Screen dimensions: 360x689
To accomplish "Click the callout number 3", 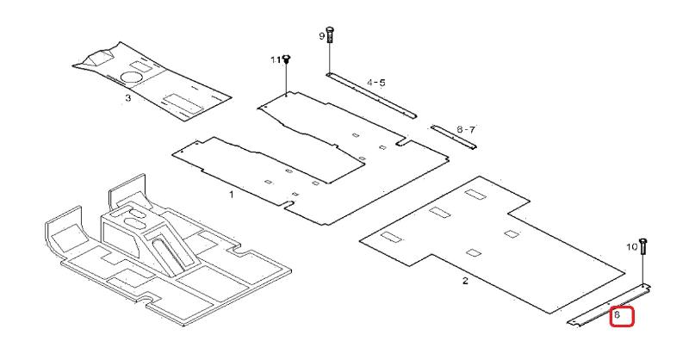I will [127, 98].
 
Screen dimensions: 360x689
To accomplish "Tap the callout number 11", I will [276, 59].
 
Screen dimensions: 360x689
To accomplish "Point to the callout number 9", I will [323, 36].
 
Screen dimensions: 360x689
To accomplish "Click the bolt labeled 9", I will [332, 37].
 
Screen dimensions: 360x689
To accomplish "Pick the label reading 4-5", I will [376, 83].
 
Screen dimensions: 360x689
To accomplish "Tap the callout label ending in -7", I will [466, 129].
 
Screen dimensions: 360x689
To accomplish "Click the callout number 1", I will [231, 196].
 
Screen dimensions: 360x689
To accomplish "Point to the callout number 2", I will [465, 282].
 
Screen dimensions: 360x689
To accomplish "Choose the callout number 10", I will [630, 247].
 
